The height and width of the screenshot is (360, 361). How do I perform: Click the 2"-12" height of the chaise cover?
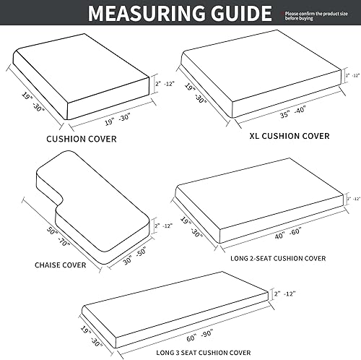click(162, 226)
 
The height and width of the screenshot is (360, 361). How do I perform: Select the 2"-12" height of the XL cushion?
click(352, 74)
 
